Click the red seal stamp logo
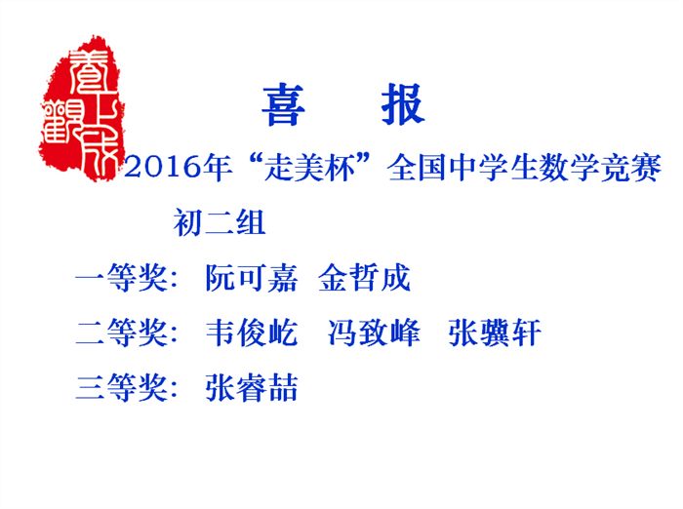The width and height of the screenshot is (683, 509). point(81,108)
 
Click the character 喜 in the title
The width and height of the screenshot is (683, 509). point(283,104)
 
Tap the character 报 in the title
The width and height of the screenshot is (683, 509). point(403,104)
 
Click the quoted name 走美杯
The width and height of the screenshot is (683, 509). point(309,167)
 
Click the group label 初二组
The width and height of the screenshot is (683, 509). point(220,222)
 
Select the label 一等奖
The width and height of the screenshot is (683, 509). point(122,277)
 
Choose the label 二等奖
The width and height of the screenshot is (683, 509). point(122,333)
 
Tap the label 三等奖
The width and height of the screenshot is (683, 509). point(122,387)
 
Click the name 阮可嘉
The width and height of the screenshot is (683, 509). point(252,277)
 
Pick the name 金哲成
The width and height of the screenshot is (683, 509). point(365,277)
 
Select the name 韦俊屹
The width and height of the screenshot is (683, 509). point(252,333)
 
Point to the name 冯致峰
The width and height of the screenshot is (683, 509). point(374,333)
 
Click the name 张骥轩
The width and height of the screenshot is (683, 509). point(495,333)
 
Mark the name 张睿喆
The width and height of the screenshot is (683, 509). point(252,387)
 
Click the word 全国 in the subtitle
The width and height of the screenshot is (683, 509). point(417,167)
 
